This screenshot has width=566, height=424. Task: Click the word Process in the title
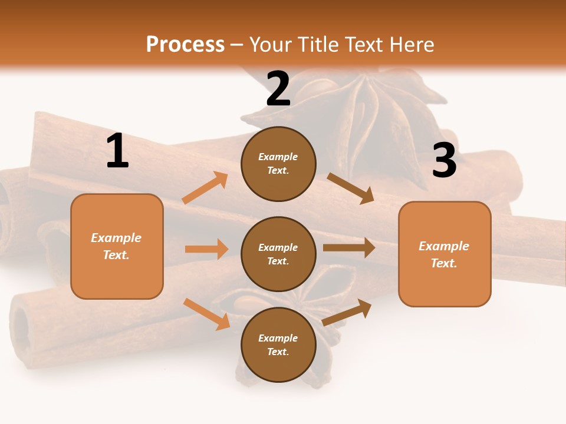pyautogui.click(x=185, y=45)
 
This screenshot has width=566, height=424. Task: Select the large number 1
pyautogui.click(x=117, y=151)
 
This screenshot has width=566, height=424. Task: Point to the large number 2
pyautogui.click(x=278, y=88)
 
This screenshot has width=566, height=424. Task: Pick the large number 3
pyautogui.click(x=444, y=160)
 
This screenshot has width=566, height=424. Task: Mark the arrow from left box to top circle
pyautogui.click(x=205, y=188)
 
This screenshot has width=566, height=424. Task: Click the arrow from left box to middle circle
pyautogui.click(x=206, y=249)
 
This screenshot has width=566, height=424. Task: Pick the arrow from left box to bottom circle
pyautogui.click(x=206, y=313)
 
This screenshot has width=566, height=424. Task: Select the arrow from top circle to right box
pyautogui.click(x=350, y=188)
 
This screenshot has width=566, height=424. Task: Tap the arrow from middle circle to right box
pyautogui.click(x=349, y=248)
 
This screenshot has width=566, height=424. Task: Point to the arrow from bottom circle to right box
pyautogui.click(x=347, y=312)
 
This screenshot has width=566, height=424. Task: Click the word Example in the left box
pyautogui.click(x=116, y=238)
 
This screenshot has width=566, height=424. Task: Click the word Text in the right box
pyautogui.click(x=443, y=263)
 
